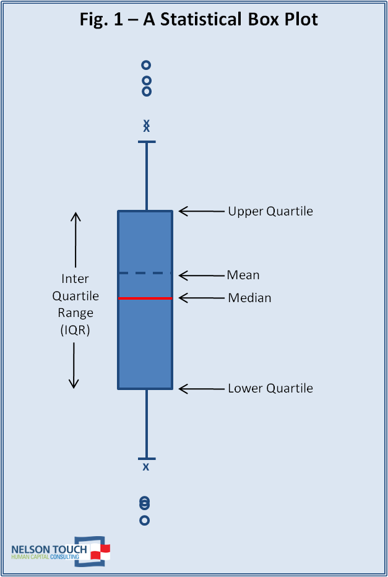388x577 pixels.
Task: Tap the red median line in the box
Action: (145, 298)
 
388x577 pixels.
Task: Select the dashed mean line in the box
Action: (145, 273)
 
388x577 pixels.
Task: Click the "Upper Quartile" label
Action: (270, 212)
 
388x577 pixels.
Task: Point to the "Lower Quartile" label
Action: (270, 389)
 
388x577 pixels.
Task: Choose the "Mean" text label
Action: (243, 275)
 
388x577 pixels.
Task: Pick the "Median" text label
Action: (249, 298)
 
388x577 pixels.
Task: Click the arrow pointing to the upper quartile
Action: (201, 212)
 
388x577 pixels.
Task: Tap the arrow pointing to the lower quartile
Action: (201, 389)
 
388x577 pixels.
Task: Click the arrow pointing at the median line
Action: (201, 298)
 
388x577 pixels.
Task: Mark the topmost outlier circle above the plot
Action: (146, 65)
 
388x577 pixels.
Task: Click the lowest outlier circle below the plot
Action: (145, 521)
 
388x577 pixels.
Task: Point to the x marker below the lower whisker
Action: (146, 467)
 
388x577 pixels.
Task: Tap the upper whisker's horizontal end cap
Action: (147, 142)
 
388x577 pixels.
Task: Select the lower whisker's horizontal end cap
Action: (147, 459)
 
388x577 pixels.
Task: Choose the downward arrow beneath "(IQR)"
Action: (74, 365)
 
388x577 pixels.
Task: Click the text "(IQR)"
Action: (75, 331)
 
